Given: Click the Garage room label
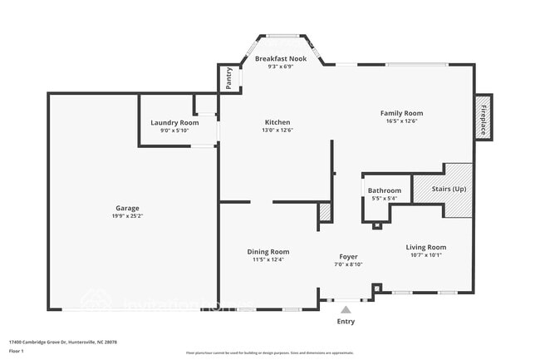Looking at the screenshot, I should [127, 208].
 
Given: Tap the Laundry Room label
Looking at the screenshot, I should [174, 123].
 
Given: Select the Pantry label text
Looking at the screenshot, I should [229, 79].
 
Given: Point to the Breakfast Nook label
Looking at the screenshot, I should [281, 59].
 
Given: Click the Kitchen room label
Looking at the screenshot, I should [277, 122].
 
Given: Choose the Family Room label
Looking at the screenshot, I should [401, 113].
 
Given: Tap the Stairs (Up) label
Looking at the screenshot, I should [449, 190].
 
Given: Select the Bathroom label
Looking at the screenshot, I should [384, 190].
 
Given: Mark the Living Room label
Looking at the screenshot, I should [425, 247].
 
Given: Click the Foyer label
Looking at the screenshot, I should [348, 257].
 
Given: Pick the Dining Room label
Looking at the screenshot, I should [268, 252].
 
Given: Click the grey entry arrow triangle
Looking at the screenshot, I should [346, 308].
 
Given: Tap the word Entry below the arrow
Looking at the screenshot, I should [346, 321].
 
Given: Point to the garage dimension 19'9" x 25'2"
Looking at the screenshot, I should [127, 216].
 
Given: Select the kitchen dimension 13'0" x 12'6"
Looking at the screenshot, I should [277, 130].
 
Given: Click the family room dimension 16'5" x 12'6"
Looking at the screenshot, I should [401, 121].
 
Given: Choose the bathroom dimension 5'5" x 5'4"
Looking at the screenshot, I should [384, 198].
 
